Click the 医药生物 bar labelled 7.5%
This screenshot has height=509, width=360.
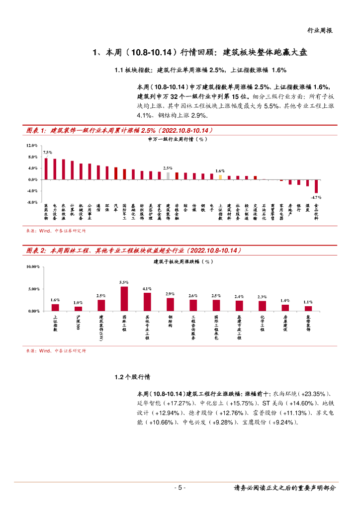(x=46, y=169)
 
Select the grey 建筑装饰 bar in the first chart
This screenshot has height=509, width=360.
(x=168, y=175)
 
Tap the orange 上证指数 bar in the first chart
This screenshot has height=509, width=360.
(x=220, y=177)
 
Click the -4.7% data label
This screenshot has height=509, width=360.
(x=316, y=197)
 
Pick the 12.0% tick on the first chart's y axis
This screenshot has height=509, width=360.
(x=32, y=146)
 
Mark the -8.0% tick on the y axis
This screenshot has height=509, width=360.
(x=32, y=202)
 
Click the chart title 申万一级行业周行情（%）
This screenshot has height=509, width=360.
(x=177, y=140)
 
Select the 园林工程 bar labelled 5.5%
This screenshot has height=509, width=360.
(x=124, y=299)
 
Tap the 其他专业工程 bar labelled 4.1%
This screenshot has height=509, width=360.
(x=147, y=302)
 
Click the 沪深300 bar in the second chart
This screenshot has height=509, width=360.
(x=78, y=309)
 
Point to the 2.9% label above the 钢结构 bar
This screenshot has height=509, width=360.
(x=170, y=294)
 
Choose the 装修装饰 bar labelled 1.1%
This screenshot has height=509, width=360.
(x=308, y=308)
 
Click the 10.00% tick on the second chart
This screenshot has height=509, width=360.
(x=33, y=267)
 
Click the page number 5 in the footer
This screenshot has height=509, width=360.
(x=180, y=488)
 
